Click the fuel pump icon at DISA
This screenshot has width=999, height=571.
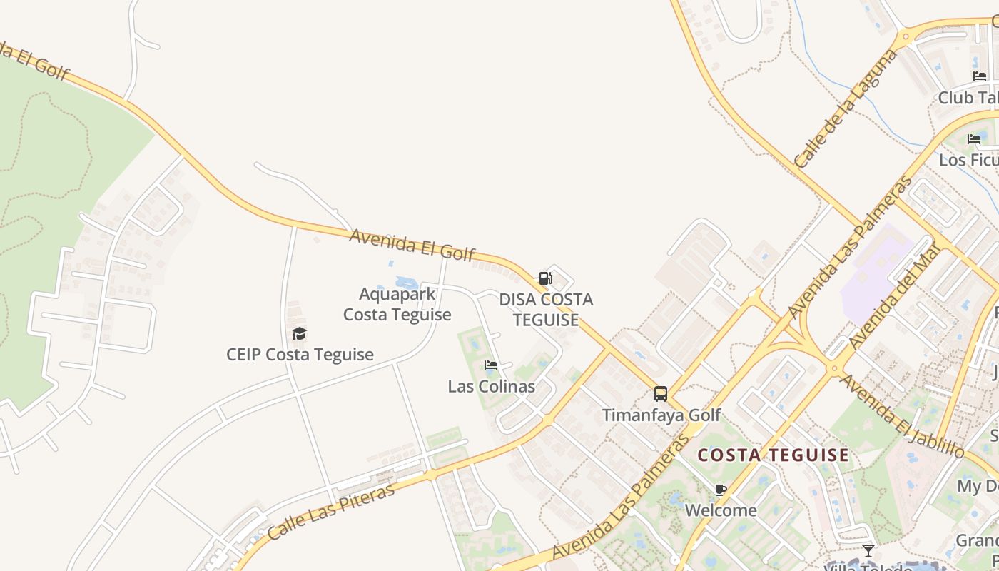(x=545, y=278)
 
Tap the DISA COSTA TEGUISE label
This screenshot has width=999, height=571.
(x=546, y=310)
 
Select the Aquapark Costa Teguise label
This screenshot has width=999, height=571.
(x=397, y=304)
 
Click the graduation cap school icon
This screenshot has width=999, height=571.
(x=300, y=333)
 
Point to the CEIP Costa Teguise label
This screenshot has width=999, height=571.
(x=300, y=355)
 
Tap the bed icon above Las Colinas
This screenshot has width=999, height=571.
(x=491, y=366)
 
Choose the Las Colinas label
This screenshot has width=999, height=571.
(x=491, y=387)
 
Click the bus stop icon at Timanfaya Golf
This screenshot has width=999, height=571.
(x=661, y=394)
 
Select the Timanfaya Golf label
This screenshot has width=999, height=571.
(x=661, y=415)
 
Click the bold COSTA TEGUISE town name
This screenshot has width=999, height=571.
(x=774, y=455)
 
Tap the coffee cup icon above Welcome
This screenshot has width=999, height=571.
(x=721, y=490)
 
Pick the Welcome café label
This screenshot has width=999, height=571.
(x=721, y=510)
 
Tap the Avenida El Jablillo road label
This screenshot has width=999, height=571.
(x=902, y=415)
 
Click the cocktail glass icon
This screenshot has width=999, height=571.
(x=868, y=551)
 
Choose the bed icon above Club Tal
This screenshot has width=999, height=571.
(x=980, y=76)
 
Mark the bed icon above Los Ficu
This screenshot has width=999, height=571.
(x=974, y=139)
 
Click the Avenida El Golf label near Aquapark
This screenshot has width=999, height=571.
(x=412, y=245)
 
